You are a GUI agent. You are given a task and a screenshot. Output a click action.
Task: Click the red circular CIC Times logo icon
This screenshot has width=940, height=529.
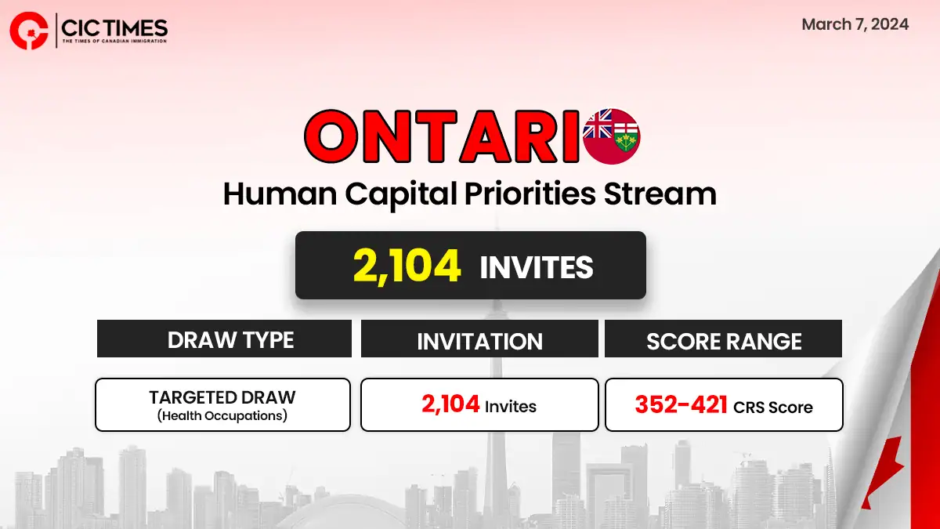(29, 31)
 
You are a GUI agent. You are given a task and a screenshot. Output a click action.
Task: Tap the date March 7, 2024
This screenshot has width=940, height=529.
(855, 24)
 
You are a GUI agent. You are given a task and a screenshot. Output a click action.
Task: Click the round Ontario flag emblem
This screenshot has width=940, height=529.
(611, 136)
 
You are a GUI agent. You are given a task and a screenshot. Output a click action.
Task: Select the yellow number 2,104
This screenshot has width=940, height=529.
(407, 266)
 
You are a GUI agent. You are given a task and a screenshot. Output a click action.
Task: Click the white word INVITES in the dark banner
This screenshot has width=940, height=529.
(537, 267)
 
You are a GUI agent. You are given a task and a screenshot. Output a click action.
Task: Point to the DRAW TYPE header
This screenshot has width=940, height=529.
(230, 339)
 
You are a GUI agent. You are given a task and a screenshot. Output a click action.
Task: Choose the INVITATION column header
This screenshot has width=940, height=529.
(479, 341)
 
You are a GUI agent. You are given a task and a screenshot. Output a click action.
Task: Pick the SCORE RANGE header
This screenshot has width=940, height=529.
(724, 341)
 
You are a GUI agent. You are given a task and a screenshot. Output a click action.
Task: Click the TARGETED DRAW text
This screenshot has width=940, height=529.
(222, 397)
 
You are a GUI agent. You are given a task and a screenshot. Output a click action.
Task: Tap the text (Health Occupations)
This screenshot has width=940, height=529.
(222, 415)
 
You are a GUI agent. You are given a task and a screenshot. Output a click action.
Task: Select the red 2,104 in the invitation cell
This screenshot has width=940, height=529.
(450, 404)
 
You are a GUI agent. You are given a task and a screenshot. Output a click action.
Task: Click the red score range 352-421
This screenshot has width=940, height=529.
(681, 404)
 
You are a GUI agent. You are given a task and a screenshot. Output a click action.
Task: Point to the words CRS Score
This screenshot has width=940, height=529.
(773, 408)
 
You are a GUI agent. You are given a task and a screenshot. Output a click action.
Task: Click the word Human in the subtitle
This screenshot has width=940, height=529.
(280, 194)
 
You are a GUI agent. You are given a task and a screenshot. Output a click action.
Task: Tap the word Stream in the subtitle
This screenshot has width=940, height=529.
(660, 194)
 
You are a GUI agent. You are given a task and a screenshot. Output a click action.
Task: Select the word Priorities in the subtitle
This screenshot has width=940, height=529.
(530, 194)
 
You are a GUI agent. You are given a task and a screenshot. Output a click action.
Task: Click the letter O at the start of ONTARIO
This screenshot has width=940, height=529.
(331, 136)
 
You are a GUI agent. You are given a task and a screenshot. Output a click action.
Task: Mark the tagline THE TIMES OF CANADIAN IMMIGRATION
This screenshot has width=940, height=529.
(114, 41)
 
